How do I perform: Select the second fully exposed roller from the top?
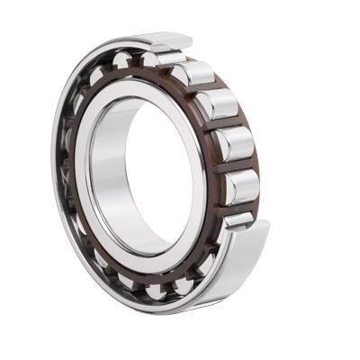217,106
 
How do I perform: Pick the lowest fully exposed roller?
241,185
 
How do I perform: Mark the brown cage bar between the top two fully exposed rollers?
205,90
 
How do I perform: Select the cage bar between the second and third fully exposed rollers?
226,125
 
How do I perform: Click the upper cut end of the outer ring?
166,41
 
